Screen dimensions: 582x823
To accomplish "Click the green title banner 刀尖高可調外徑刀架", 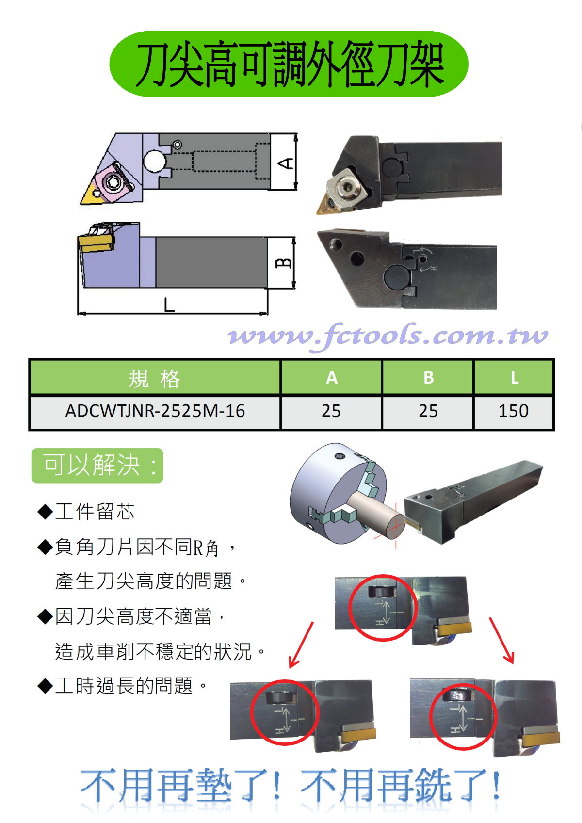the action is tap(289, 64).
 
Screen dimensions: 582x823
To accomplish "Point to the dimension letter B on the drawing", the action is tap(284, 263).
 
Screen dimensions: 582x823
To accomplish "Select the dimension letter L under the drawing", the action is tap(169, 305).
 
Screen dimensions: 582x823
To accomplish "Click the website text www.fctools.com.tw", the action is tap(388, 336).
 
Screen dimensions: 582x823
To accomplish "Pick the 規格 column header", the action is tap(155, 378).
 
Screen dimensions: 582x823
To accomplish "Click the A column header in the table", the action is tap(331, 378).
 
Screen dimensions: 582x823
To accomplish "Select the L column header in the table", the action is tap(515, 378).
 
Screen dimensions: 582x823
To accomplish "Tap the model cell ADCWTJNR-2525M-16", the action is tap(155, 411).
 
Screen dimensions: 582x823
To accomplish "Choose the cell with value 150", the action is tap(513, 411).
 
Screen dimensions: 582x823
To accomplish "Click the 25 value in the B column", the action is tap(428, 411).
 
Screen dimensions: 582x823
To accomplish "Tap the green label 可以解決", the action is tap(97, 465).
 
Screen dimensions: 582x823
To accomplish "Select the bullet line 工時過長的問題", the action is tap(123, 686).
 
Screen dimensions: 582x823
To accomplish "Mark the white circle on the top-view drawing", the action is tap(154, 161).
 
